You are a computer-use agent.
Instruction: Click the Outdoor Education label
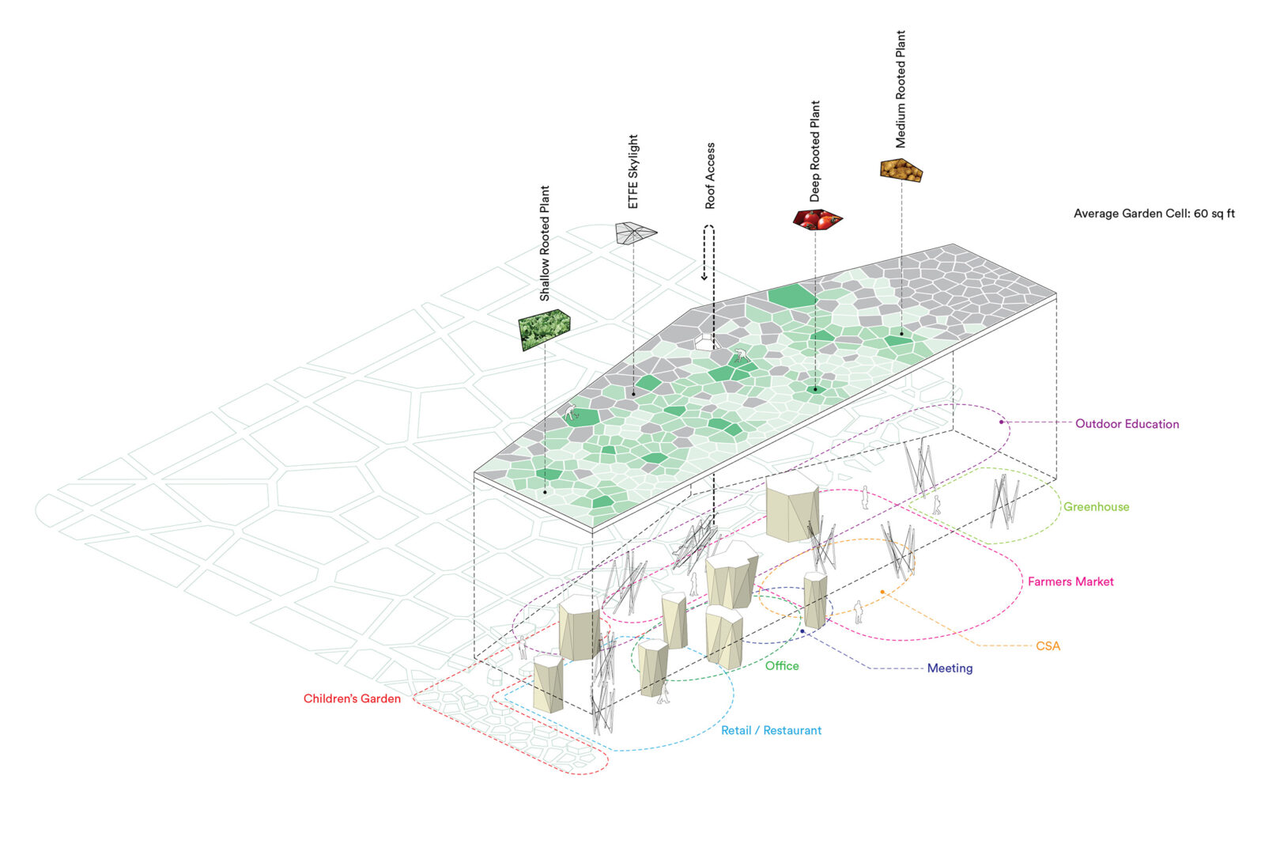(x=1127, y=424)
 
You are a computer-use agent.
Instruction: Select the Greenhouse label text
(x=1096, y=507)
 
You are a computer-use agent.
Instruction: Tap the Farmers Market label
(x=1071, y=581)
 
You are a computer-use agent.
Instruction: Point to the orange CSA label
(x=1048, y=646)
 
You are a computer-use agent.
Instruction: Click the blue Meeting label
(x=950, y=668)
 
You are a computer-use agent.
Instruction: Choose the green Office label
(x=782, y=666)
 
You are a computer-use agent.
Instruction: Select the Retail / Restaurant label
(x=771, y=731)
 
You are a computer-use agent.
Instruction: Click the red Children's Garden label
(x=352, y=698)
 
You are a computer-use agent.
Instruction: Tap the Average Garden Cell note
(x=1154, y=214)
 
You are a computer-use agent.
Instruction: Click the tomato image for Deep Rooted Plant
(x=817, y=219)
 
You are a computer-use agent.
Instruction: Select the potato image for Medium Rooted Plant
(x=901, y=169)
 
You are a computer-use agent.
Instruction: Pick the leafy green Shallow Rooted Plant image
(x=544, y=328)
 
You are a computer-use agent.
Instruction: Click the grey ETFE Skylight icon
(x=635, y=233)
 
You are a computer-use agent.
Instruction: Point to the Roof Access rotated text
(x=710, y=176)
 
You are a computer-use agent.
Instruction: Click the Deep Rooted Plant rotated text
(x=815, y=150)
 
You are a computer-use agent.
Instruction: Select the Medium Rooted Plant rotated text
(x=901, y=89)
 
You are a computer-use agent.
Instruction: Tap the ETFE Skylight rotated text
(x=633, y=172)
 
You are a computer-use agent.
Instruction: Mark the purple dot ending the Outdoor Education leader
(x=1001, y=422)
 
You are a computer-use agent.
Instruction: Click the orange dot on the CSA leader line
(x=882, y=592)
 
